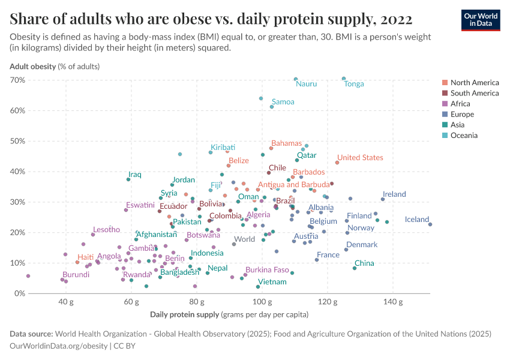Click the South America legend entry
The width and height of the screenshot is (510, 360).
click(x=474, y=93)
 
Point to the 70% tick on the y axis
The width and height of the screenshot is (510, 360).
click(x=17, y=80)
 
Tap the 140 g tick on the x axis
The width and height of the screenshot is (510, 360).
click(x=392, y=301)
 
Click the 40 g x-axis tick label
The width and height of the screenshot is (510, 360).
click(x=66, y=301)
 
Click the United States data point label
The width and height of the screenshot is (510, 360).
click(x=359, y=158)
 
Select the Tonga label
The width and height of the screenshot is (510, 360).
click(x=353, y=84)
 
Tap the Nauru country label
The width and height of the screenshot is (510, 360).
click(x=306, y=84)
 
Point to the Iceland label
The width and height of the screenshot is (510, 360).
click(x=416, y=220)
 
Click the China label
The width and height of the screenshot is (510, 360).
click(x=364, y=263)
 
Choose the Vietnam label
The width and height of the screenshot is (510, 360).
click(x=272, y=282)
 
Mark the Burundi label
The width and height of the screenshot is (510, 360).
click(x=76, y=275)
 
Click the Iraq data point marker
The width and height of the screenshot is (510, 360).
click(x=128, y=179)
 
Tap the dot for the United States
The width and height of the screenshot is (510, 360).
click(x=337, y=163)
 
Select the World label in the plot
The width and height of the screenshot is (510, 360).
click(x=244, y=239)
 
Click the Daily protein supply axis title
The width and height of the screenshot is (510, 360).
click(x=229, y=314)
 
